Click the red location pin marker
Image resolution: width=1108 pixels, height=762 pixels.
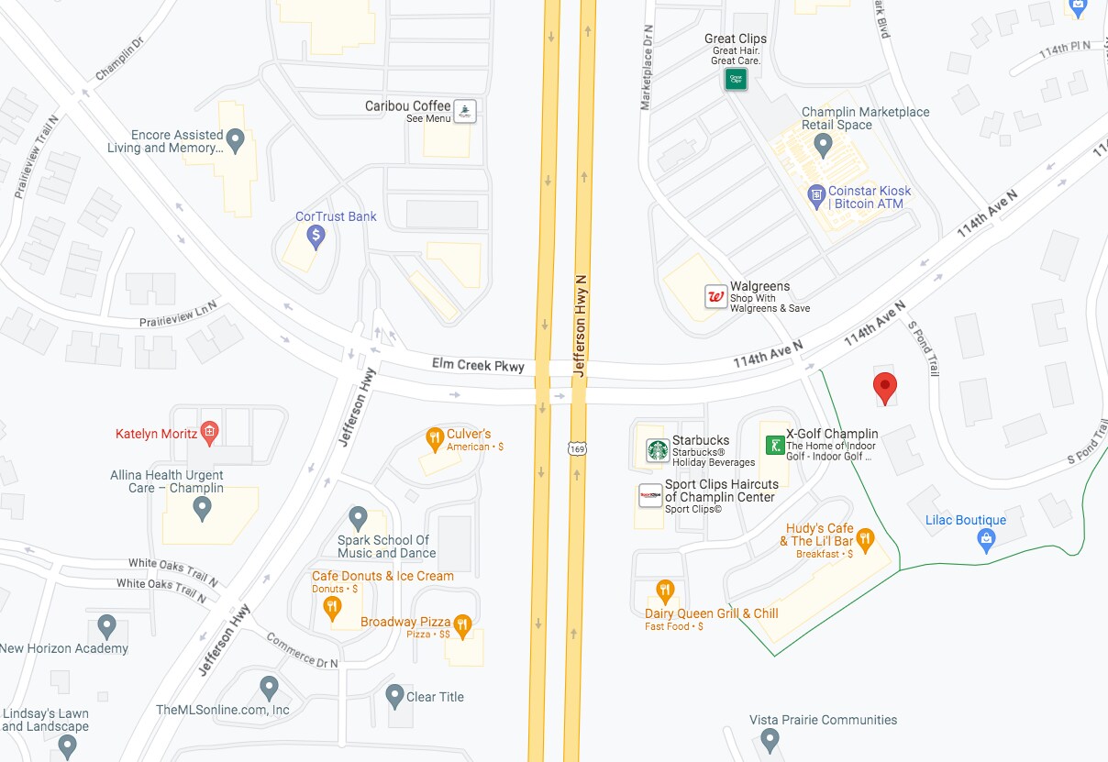[884, 387]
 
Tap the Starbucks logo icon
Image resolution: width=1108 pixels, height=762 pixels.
[658, 449]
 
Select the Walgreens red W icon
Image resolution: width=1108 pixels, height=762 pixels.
[715, 296]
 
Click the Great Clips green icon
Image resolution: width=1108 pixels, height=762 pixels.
[736, 79]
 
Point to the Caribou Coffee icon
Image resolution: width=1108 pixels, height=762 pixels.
[466, 112]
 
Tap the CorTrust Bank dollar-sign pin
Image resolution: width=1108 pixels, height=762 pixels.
[316, 237]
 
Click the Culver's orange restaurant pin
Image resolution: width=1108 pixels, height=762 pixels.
[435, 440]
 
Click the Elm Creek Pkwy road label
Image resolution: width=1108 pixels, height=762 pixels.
[478, 366]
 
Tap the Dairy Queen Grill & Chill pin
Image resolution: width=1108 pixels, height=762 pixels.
[666, 591]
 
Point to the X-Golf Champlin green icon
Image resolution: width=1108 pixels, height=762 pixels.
[775, 445]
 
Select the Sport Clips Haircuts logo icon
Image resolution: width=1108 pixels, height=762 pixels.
[650, 495]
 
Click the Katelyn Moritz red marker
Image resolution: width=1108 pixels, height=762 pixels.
[210, 432]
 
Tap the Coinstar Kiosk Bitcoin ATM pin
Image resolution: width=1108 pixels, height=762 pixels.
[816, 195]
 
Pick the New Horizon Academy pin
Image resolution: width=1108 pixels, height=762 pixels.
[106, 627]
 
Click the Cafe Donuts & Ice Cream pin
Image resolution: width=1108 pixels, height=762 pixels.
[334, 606]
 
